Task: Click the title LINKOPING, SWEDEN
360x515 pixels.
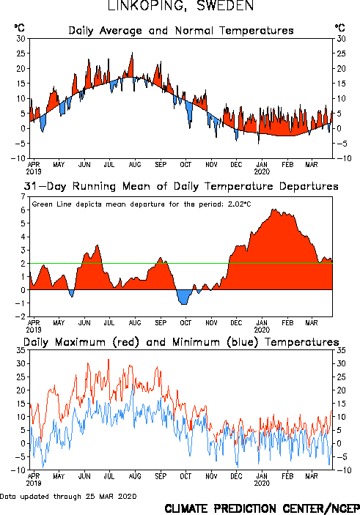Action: [181, 6]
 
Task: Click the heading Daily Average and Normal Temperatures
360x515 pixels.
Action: [181, 31]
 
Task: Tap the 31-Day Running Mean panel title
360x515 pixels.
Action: [181, 186]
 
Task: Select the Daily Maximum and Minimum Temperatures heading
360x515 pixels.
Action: [181, 342]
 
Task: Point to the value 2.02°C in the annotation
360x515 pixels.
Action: [239, 204]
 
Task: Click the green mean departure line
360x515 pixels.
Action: [181, 264]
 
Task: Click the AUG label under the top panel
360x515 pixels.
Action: [135, 165]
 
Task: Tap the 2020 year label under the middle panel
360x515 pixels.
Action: [262, 330]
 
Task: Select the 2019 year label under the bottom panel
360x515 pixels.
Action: [34, 483]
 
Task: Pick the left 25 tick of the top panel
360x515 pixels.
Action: [21, 53]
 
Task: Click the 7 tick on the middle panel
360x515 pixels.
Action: [23, 197]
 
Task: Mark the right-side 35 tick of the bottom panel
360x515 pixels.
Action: [341, 350]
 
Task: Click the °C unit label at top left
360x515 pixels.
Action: [19, 28]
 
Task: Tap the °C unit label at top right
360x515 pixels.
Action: [340, 28]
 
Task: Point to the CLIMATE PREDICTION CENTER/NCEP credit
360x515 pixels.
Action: [262, 508]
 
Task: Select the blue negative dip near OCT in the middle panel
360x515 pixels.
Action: [184, 297]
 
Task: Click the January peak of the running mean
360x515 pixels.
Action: [273, 210]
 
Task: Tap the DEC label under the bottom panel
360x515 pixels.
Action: [236, 476]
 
